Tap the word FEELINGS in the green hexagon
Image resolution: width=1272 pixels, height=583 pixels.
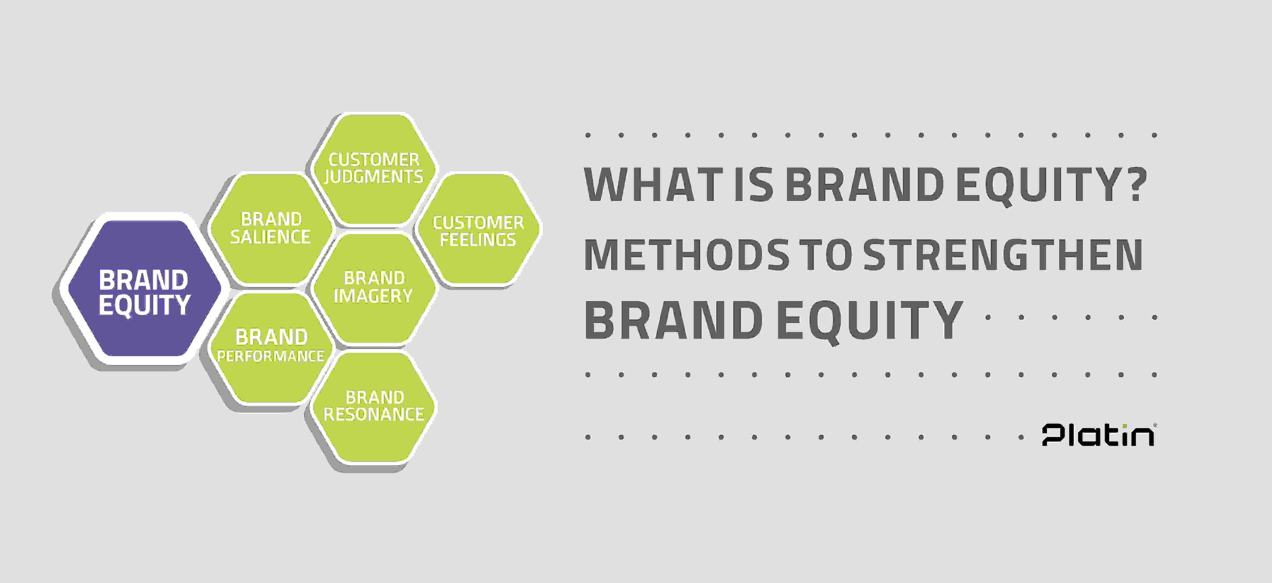coord(478,240)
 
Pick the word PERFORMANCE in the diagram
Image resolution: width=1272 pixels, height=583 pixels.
coord(271,356)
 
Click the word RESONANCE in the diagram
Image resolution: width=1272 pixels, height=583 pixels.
coord(374,414)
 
